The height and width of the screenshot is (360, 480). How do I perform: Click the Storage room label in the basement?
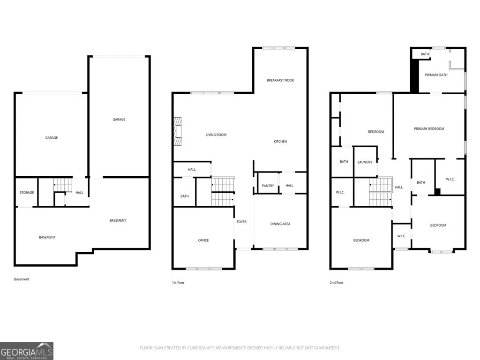(x=27, y=193)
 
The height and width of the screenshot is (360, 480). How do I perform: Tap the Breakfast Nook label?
(x=280, y=80)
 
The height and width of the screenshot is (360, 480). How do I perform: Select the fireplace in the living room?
(x=178, y=131)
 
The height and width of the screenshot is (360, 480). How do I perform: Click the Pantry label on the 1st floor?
(x=268, y=186)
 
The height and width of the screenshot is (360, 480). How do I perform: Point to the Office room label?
(x=203, y=240)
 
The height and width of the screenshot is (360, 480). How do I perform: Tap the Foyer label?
(x=241, y=222)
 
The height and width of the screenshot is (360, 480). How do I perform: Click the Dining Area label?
(x=280, y=224)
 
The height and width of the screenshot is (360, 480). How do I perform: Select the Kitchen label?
(x=280, y=142)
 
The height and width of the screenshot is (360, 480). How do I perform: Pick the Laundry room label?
(x=365, y=162)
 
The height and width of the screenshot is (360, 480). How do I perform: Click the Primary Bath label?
(x=436, y=75)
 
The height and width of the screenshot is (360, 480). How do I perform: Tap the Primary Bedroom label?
(x=429, y=128)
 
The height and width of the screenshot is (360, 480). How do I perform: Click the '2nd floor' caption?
(x=337, y=283)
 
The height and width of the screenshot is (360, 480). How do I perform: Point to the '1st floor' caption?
(x=178, y=283)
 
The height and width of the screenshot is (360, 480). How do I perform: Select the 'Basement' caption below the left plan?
(x=22, y=279)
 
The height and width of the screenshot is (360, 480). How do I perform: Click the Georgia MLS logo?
(x=27, y=351)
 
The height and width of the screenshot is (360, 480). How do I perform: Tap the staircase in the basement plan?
(x=63, y=185)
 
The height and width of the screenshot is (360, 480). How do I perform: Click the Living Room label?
(x=216, y=135)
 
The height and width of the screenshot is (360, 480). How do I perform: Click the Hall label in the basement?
(x=79, y=193)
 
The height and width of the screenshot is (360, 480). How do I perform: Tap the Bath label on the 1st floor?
(x=185, y=196)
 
